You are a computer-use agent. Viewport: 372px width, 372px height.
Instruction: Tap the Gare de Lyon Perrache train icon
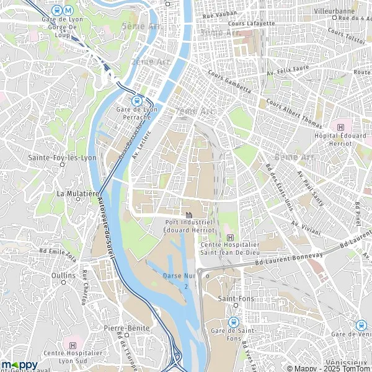pyautogui.click(x=138, y=100)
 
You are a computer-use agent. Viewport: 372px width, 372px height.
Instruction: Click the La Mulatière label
pyautogui.click(x=78, y=193)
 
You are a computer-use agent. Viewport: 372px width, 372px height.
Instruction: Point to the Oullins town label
pyautogui.click(x=64, y=275)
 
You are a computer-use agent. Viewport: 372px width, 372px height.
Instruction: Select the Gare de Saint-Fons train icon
pyautogui.click(x=234, y=322)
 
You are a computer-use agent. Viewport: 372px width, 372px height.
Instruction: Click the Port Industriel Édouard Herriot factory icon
pyautogui.click(x=188, y=215)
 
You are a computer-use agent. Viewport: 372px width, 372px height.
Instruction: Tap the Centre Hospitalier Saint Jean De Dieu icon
pyautogui.click(x=231, y=237)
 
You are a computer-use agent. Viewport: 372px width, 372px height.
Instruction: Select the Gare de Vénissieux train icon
pyautogui.click(x=361, y=324)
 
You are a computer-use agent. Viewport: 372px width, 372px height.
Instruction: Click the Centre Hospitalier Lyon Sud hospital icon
pyautogui.click(x=74, y=345)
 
